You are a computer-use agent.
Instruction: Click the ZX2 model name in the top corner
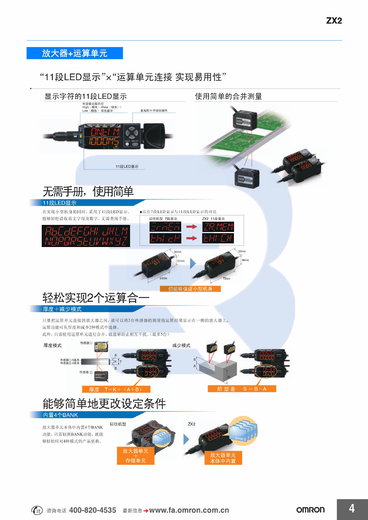point(334,21)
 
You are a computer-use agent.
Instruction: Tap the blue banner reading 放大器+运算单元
point(75,53)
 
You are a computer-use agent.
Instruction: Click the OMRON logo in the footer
point(310,510)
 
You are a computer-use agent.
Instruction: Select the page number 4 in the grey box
point(352,509)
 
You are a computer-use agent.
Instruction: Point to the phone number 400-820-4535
point(92,510)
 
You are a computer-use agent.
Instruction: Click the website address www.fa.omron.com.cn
point(189,510)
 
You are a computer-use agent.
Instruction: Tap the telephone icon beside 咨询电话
point(37,510)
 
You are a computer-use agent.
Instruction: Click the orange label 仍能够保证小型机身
point(190,289)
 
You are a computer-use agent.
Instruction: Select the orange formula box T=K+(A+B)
point(116,389)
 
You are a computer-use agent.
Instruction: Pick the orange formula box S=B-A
point(242,389)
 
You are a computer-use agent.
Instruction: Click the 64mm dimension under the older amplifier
point(163,278)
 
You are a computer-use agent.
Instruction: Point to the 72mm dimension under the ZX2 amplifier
point(226,278)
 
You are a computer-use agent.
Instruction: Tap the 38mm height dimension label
point(245,260)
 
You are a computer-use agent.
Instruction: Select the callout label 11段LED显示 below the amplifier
point(127,167)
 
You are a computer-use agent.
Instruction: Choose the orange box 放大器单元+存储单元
point(136,456)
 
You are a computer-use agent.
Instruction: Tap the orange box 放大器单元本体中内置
point(223,458)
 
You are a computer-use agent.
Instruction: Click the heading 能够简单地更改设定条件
point(104,404)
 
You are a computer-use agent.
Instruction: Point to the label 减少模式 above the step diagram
point(181,345)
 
